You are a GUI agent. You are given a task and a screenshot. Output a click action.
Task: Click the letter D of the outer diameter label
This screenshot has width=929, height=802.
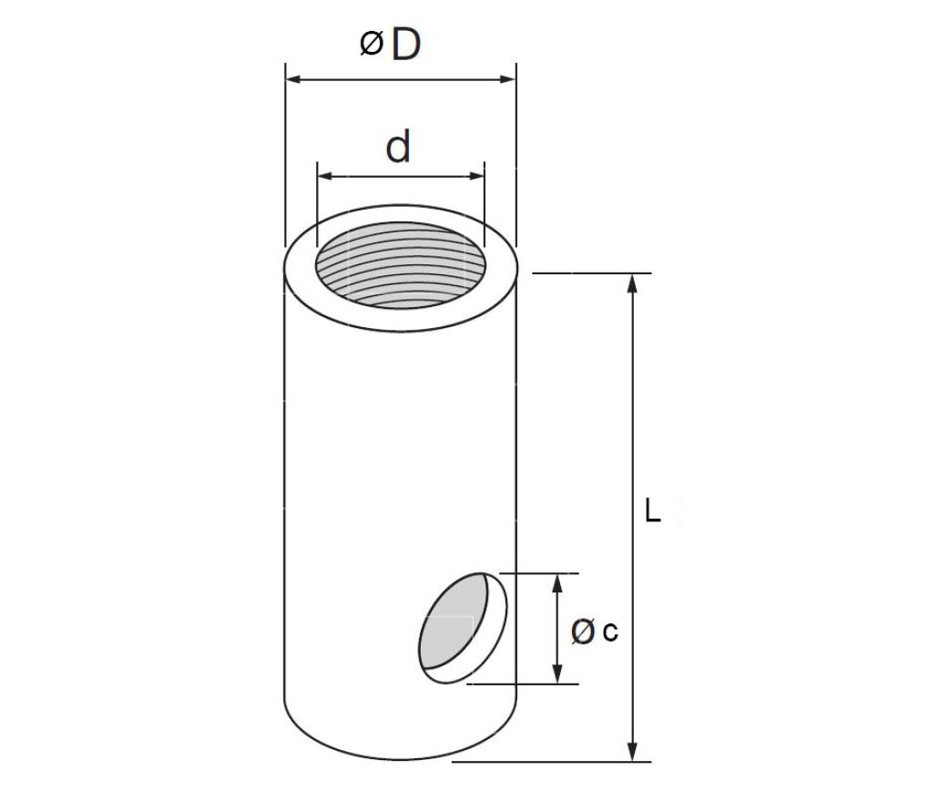[x=406, y=44]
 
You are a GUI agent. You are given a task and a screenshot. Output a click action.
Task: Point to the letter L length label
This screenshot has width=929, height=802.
[x=652, y=510]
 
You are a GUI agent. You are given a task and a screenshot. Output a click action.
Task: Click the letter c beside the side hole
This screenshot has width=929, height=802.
[x=610, y=632]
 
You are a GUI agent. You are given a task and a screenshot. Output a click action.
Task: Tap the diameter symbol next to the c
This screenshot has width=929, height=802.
[x=582, y=631]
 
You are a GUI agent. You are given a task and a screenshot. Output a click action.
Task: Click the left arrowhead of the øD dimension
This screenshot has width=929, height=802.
[x=294, y=79]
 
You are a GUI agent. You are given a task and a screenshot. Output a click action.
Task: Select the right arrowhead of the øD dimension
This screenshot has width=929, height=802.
[x=507, y=79]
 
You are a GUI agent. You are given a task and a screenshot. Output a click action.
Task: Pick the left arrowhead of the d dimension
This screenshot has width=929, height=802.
[x=325, y=176]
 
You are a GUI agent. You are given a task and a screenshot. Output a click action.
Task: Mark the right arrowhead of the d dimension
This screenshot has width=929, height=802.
[x=476, y=176]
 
